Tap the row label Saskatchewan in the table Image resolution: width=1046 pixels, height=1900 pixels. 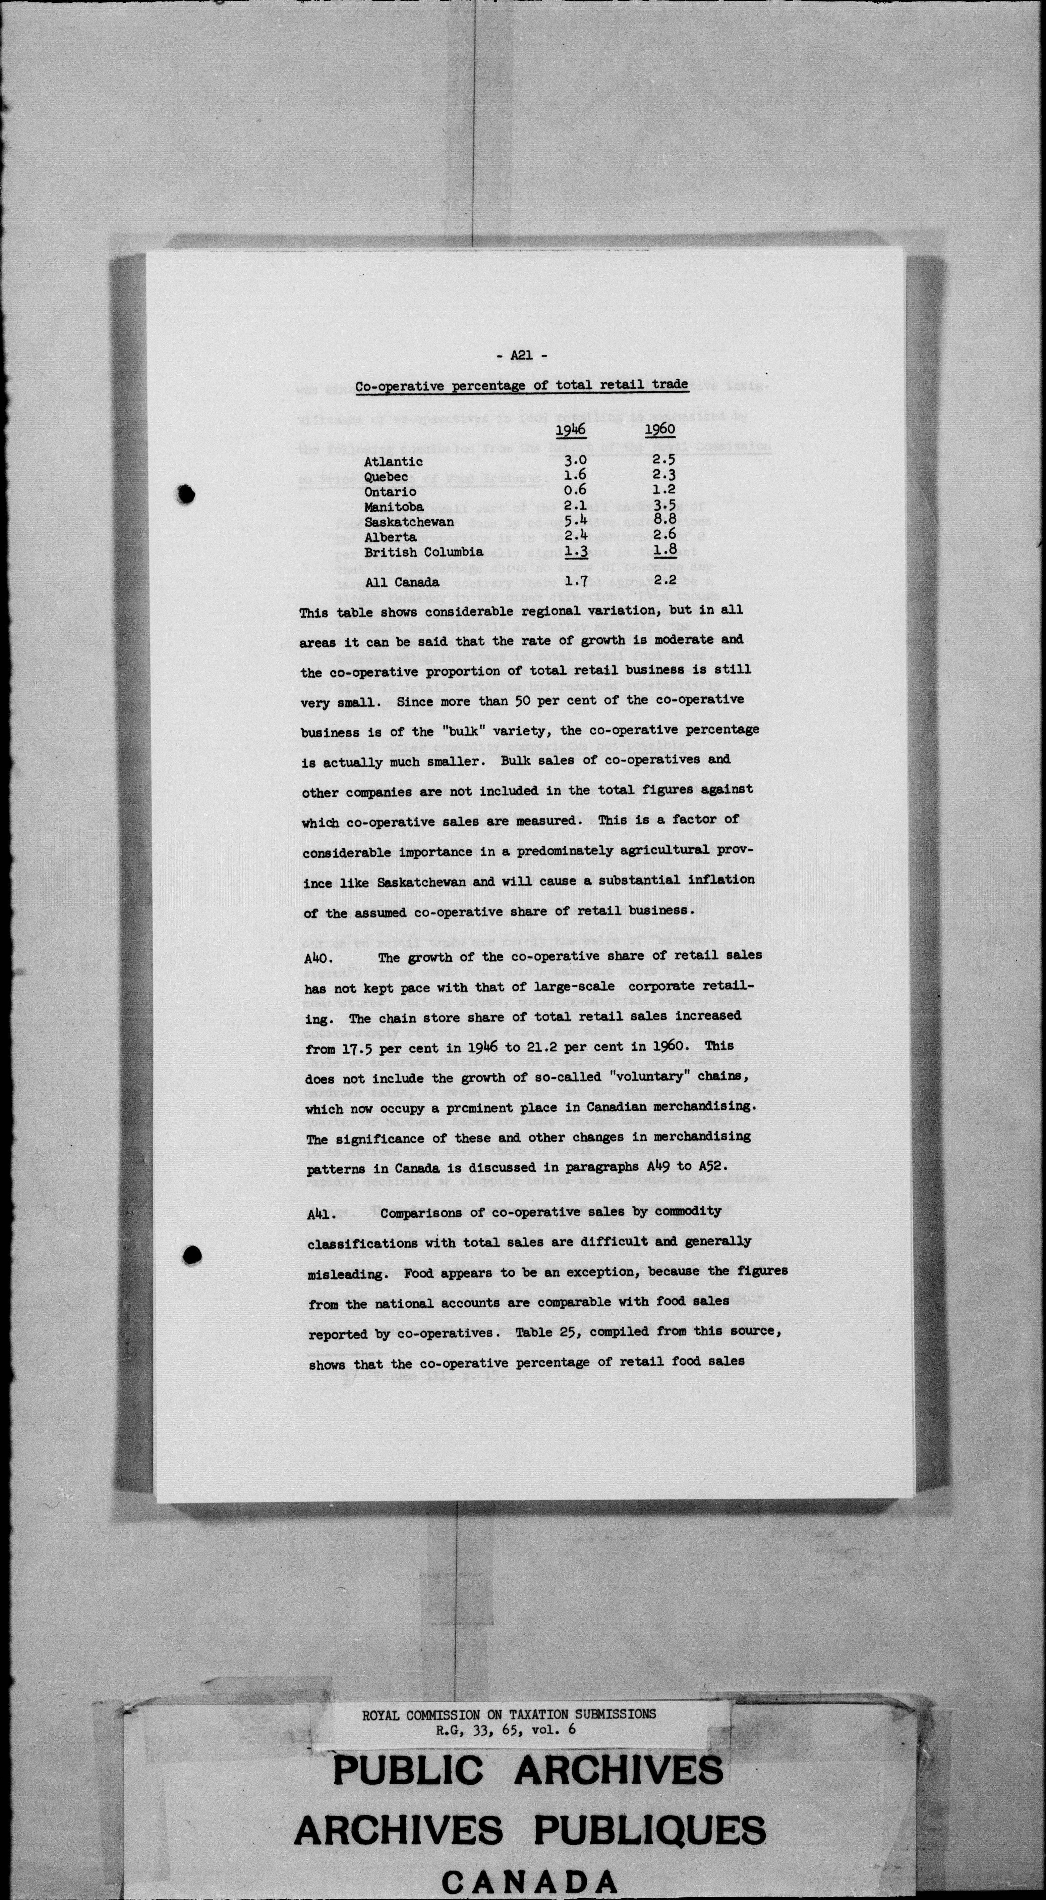click(409, 522)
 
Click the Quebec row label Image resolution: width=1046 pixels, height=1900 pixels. click(386, 477)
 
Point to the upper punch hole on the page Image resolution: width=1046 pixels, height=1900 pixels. click(186, 493)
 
